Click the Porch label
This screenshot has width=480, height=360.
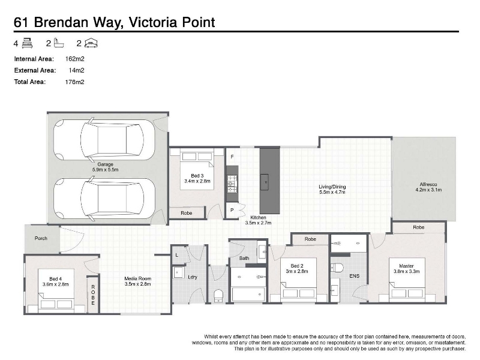(41, 238)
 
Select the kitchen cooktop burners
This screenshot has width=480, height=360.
(232, 184)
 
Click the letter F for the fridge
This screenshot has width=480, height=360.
(232, 157)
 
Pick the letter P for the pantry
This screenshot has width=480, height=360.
(232, 211)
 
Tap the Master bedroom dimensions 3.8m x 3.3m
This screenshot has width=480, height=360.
(407, 272)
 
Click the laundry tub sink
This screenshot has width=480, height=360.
(178, 272)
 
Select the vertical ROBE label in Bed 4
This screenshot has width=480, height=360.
(93, 295)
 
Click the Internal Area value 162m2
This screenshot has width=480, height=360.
(74, 59)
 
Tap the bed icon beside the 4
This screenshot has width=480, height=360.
(27, 43)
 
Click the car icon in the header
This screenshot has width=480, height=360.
(91, 43)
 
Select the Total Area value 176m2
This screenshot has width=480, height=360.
(74, 82)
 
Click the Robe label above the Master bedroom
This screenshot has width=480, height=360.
(418, 227)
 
